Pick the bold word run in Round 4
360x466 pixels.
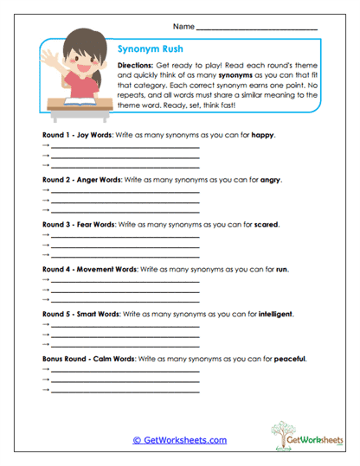click(x=280, y=268)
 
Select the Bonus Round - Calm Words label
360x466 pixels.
click(x=88, y=357)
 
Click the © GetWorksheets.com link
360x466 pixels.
click(x=179, y=440)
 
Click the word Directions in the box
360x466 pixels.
click(x=136, y=66)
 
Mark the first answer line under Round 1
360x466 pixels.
click(x=125, y=148)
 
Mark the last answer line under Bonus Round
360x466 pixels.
click(x=125, y=392)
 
